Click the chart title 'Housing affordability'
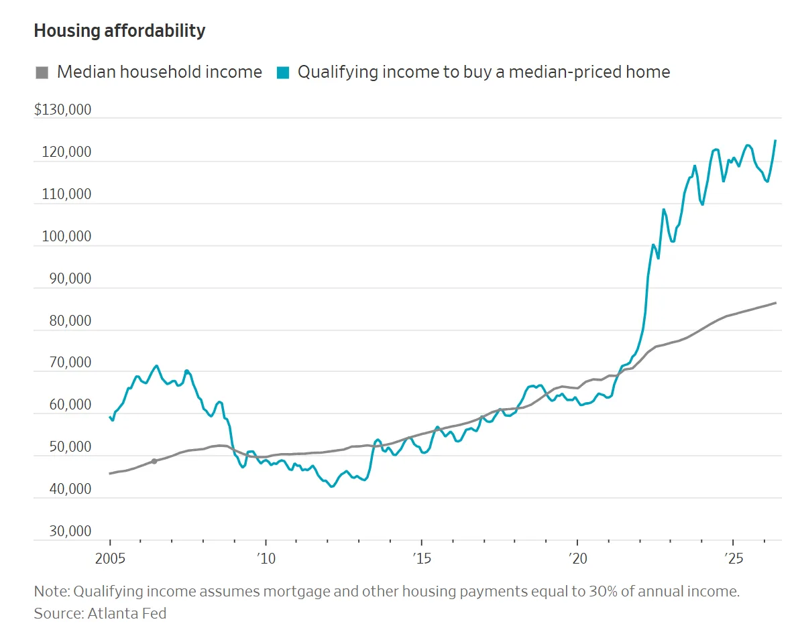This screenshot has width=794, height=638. [x=119, y=31]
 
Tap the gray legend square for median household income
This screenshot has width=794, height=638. [x=42, y=72]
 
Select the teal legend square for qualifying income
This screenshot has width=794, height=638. [x=283, y=72]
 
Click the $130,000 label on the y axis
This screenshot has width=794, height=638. [x=63, y=109]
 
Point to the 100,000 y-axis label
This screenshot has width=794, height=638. [x=66, y=237]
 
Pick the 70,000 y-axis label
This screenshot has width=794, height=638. [x=70, y=363]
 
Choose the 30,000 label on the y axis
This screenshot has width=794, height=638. [x=70, y=531]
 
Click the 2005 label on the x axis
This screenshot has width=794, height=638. [x=111, y=558]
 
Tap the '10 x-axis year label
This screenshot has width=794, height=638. [x=266, y=558]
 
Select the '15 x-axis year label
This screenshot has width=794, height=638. [x=422, y=558]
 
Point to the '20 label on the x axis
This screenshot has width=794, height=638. [x=577, y=558]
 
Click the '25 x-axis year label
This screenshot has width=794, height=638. [x=733, y=558]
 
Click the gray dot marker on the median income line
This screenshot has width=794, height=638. [x=154, y=462]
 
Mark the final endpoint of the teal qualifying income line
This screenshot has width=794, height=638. [x=775, y=141]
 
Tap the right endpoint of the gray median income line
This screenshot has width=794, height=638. [x=776, y=303]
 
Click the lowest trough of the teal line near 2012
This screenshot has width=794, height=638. [x=332, y=487]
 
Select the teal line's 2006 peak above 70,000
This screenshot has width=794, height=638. [x=156, y=366]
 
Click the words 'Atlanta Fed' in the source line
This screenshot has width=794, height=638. [x=127, y=613]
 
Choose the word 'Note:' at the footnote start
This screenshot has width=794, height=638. [x=52, y=591]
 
